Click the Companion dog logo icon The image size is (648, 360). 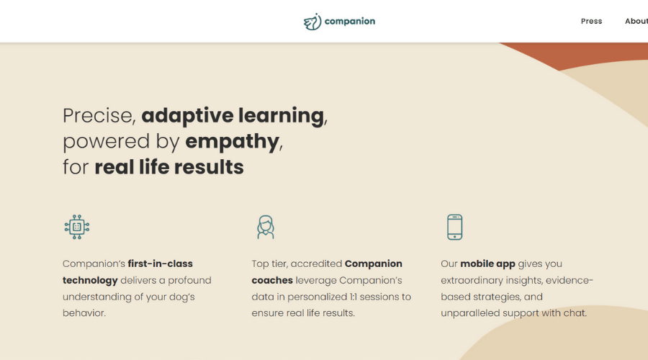click(x=312, y=22)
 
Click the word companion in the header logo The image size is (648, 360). click(x=350, y=22)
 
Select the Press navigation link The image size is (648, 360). click(x=591, y=21)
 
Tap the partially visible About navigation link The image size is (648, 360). click(x=636, y=21)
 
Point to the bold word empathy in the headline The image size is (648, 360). click(x=233, y=142)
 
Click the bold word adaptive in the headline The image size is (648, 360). click(x=187, y=116)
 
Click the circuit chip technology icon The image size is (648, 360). click(x=77, y=227)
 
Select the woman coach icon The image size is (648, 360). click(x=265, y=227)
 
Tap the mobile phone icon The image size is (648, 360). click(x=454, y=227)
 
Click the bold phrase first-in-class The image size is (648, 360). click(x=161, y=264)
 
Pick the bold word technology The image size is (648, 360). click(x=90, y=281)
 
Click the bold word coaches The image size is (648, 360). click(x=272, y=280)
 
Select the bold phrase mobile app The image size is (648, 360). click(x=487, y=264)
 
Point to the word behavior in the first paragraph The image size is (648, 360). click(x=84, y=313)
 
